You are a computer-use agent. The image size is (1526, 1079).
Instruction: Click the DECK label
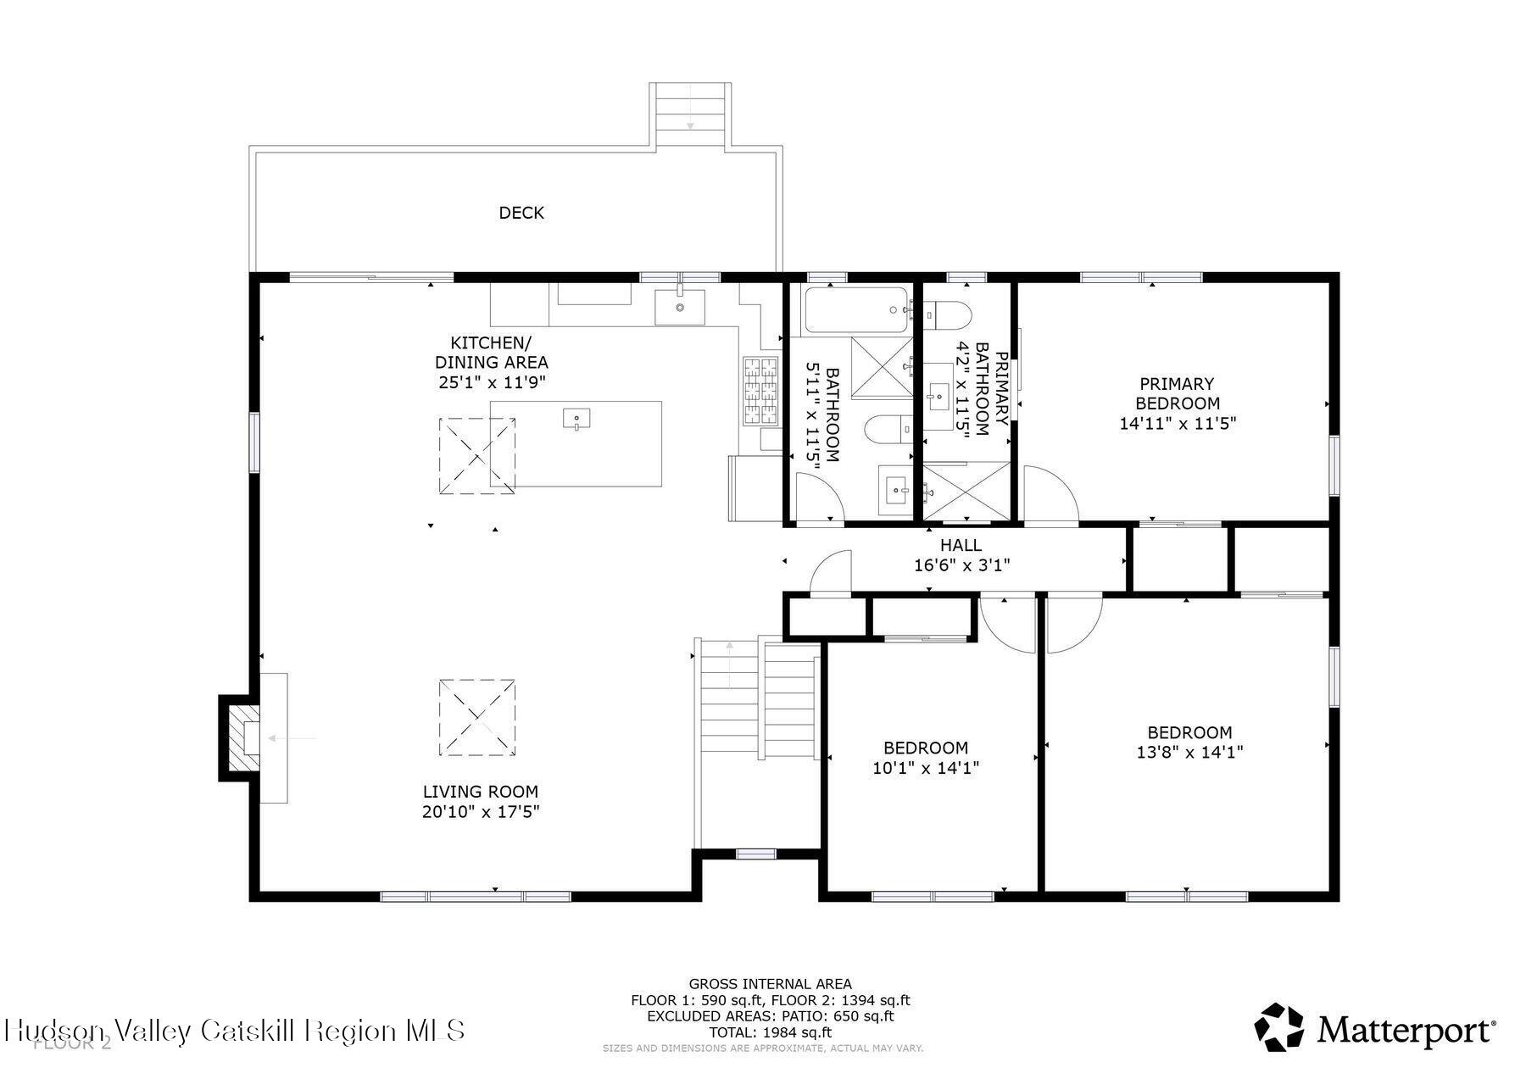tap(521, 213)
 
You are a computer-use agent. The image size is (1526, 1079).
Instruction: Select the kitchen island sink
tap(576, 418)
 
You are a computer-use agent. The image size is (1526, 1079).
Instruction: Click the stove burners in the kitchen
tap(760, 390)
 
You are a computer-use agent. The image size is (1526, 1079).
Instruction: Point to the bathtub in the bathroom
tap(855, 310)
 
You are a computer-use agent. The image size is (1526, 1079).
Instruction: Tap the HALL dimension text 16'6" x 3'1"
tap(961, 565)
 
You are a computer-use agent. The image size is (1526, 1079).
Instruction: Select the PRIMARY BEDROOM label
tap(1177, 394)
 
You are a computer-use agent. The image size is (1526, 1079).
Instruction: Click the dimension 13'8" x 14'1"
tap(1189, 752)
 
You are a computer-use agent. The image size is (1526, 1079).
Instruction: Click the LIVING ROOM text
tap(480, 792)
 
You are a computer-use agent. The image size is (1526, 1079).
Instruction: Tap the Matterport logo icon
tap(1278, 1026)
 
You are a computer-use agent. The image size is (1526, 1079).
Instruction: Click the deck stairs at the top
tap(690, 114)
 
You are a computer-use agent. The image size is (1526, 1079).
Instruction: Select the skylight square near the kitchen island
tap(476, 456)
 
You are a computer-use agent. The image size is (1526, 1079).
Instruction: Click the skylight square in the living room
tap(476, 717)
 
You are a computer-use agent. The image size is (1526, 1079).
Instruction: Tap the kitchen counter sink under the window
tap(679, 307)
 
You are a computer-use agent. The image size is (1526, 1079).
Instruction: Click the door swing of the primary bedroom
tap(1050, 495)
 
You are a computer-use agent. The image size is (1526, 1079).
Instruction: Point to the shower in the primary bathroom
tap(966, 491)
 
